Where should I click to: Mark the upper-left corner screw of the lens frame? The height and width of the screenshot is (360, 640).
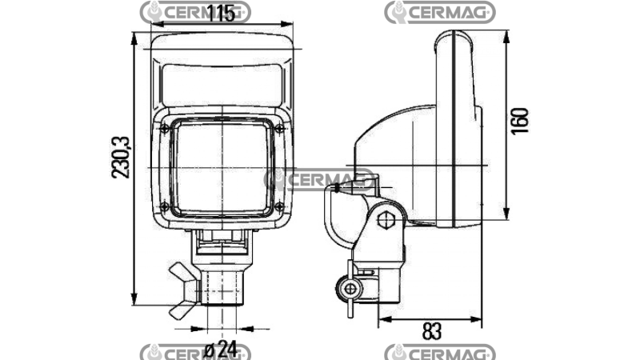click(164, 127)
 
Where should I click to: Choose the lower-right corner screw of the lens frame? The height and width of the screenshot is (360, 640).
click(277, 206)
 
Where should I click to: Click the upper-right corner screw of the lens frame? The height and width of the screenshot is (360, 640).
click(277, 127)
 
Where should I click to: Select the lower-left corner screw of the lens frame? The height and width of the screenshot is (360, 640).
click(164, 206)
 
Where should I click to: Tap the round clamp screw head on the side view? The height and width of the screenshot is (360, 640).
click(349, 288)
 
